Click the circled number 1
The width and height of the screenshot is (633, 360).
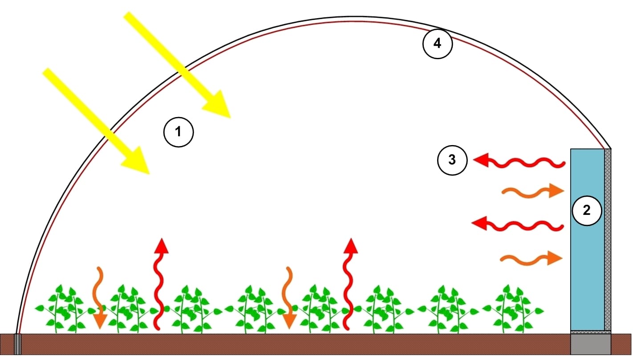click(179, 132)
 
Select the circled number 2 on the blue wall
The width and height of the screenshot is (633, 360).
click(587, 210)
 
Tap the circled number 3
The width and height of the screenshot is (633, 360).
click(452, 160)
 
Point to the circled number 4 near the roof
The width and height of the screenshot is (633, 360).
click(437, 44)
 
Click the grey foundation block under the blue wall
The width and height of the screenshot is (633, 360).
click(591, 344)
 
